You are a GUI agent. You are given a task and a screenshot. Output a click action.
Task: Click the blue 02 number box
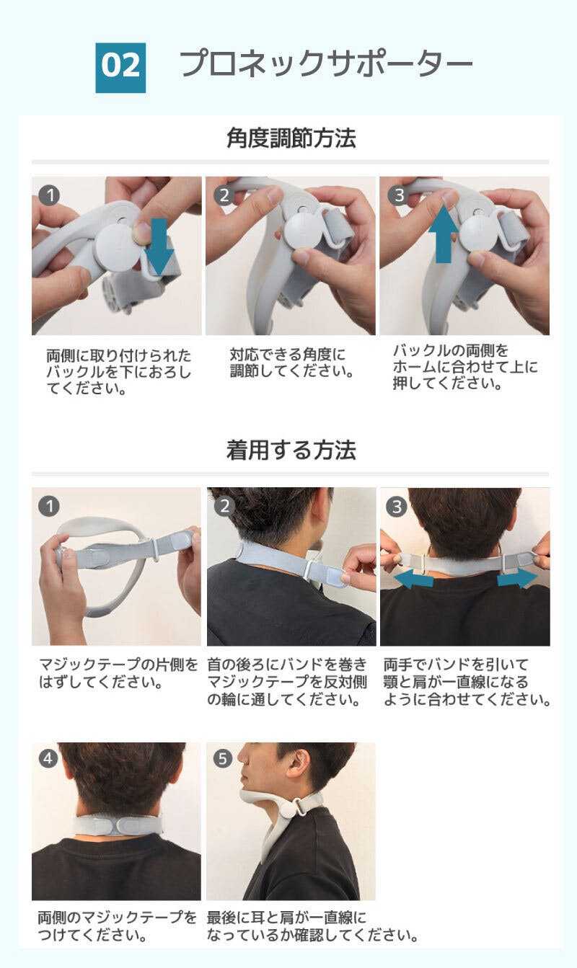pos(120,68)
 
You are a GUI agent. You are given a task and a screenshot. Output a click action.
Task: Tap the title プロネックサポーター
pos(326,63)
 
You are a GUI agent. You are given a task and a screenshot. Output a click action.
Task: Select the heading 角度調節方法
pos(291,138)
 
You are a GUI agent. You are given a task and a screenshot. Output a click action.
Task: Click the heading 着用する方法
pos(291,450)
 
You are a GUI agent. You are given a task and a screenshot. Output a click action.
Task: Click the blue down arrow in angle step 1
pos(159,247)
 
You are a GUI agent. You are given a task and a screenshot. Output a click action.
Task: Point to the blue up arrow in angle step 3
pos(443,234)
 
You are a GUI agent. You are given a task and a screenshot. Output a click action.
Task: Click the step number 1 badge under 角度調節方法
pos(49,195)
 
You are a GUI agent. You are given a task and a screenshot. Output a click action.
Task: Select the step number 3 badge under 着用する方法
pos(397,506)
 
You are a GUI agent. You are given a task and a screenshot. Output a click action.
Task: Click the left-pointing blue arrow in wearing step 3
pos(413,578)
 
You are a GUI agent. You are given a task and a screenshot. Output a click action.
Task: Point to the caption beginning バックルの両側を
pos(465,366)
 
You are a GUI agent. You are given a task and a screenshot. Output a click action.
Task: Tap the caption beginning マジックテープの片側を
pos(118,673)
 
